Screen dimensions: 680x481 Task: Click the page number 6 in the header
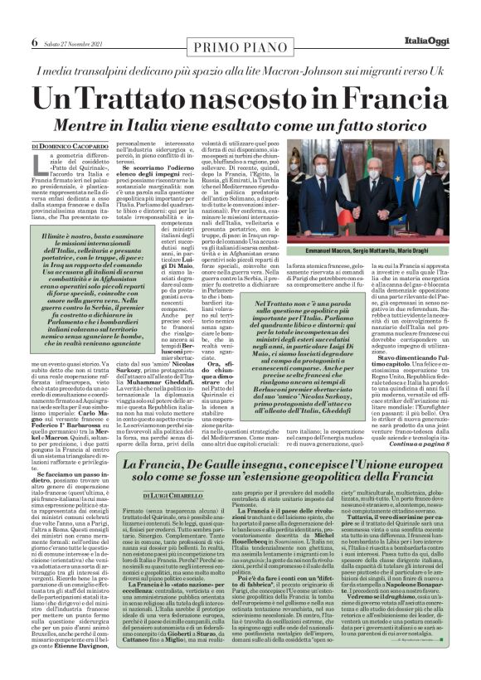35,17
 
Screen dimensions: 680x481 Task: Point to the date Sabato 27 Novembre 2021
72,17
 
